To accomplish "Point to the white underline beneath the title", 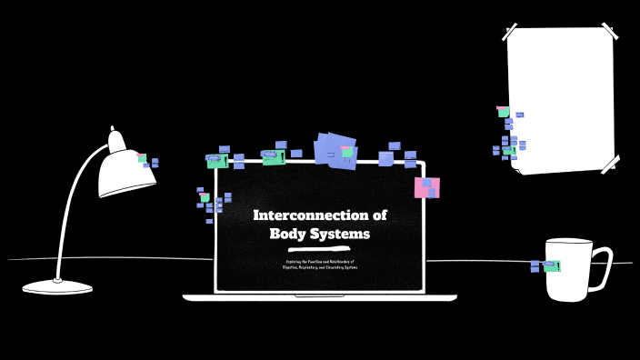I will coord(319,248).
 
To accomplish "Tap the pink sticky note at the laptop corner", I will coord(426,187).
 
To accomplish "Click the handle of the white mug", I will coord(601,263).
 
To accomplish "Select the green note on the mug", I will coord(551,265).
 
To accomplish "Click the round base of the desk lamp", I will coord(57,287).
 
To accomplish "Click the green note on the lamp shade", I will coord(142,158).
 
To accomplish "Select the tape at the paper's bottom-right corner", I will coord(608,165).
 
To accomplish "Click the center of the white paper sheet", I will coord(560,100).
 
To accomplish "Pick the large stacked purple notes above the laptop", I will coord(335,149).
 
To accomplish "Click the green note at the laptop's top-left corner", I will coord(216,161).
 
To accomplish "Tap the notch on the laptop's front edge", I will coord(319,295).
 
